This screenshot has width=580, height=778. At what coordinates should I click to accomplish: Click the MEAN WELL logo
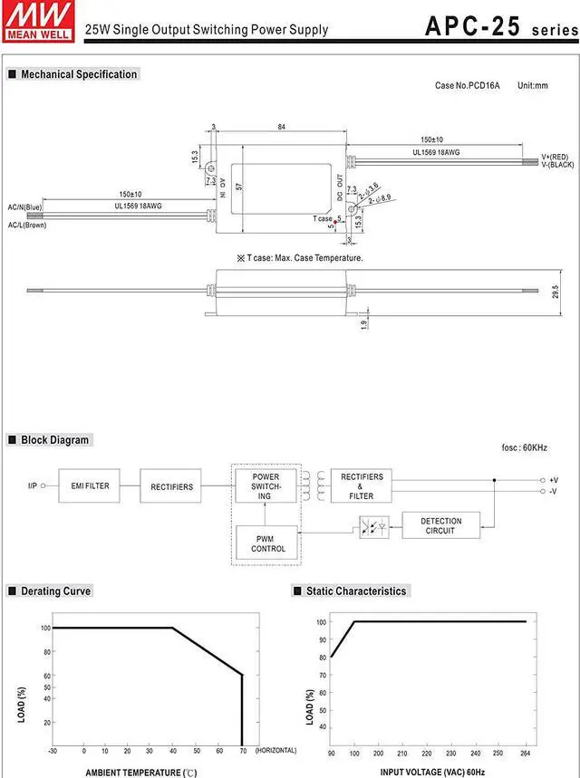38,22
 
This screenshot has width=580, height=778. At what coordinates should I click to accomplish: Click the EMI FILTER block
89,485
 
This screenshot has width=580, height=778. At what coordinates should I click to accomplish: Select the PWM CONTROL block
267,543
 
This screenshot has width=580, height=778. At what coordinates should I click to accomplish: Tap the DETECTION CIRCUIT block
441,525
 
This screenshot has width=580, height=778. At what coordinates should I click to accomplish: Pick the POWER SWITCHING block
266,485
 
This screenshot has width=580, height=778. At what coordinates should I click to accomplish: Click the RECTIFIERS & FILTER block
361,485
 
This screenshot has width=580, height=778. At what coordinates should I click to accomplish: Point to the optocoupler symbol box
374,527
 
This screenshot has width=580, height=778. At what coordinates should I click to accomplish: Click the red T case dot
335,222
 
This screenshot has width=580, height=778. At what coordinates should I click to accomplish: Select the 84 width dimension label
282,127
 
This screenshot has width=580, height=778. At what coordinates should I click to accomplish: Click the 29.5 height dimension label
556,292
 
